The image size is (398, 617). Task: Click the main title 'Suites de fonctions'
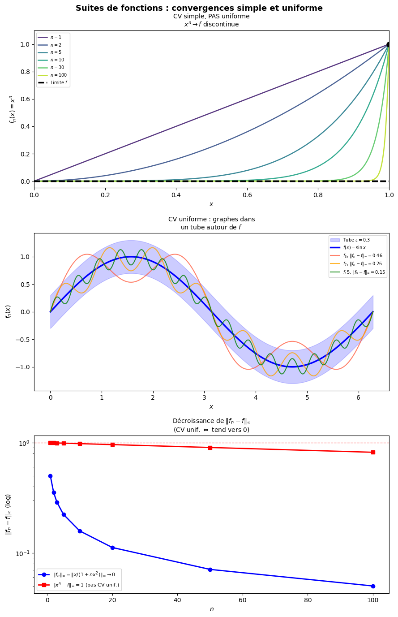click(199, 8)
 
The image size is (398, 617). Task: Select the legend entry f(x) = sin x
click(356, 247)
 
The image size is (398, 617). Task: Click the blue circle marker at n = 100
click(373, 586)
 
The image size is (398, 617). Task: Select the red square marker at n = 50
click(210, 448)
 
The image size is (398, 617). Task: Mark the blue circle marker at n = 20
click(112, 548)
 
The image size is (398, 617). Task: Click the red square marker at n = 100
click(373, 452)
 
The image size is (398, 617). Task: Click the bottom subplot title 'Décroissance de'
click(211, 421)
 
